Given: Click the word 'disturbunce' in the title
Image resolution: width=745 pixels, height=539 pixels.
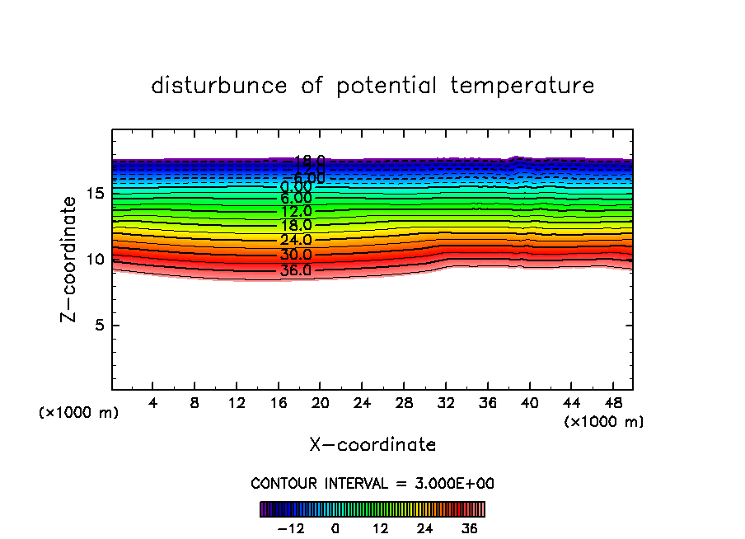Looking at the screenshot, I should tap(219, 86).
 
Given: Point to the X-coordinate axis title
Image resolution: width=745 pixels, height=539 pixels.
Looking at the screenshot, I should tap(372, 445).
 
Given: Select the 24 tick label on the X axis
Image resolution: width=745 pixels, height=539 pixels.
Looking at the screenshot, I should tap(363, 403).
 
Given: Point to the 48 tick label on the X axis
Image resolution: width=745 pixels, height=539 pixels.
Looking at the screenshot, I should tap(613, 403).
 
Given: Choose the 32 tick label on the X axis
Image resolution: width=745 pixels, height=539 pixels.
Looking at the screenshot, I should tap(446, 403).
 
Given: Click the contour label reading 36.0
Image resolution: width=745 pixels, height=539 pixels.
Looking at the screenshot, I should tap(296, 269).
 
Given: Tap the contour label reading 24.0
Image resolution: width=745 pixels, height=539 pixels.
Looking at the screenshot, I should tap(296, 240).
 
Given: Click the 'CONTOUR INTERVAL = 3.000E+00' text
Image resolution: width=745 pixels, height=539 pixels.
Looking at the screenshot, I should tap(372, 483).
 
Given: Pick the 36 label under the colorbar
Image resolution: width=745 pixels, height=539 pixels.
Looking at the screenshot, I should tap(470, 527).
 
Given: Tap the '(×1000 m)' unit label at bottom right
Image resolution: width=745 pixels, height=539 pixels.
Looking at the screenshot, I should tap(603, 422).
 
